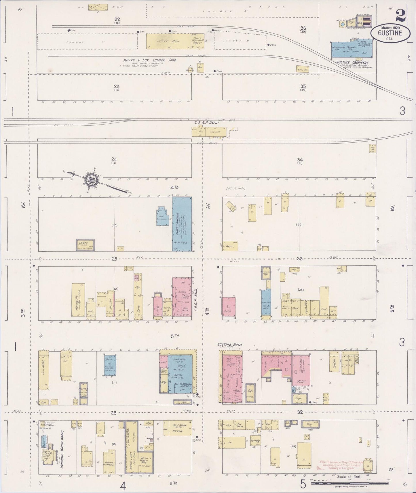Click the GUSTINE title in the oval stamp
390,33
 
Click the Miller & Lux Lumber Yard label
149,60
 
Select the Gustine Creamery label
352,62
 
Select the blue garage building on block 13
182,224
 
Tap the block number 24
114,159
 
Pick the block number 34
300,160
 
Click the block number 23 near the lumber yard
116,86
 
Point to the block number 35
303,86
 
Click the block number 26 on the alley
113,413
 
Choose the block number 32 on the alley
300,412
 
